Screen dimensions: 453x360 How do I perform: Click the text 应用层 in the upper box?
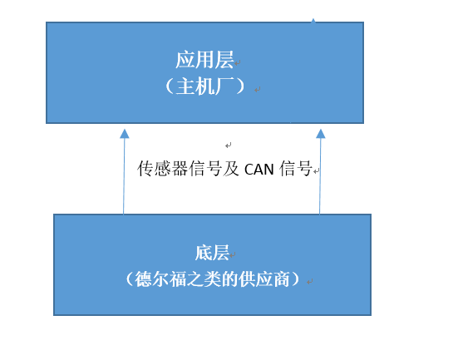204,60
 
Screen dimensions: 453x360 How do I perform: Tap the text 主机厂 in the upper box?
204,86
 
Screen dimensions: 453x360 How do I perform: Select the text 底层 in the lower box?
212,253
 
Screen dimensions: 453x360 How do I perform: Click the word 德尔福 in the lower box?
160,279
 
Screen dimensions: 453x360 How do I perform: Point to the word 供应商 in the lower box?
264,279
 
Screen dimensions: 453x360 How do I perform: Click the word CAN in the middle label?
259,170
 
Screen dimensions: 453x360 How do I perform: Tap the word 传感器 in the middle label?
163,169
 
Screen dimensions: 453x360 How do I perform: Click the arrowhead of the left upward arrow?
125,134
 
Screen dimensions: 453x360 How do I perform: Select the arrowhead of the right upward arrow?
321,134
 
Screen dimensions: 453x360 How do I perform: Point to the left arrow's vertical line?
124,176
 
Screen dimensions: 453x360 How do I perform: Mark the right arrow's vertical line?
320,176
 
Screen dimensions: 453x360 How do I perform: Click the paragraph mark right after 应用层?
238,62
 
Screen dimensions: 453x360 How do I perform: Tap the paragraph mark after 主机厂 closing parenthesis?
258,90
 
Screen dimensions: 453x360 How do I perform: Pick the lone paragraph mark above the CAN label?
229,145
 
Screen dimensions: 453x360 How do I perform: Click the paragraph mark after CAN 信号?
317,171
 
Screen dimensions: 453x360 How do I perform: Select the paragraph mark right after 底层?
233,254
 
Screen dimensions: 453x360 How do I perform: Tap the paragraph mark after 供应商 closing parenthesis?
310,281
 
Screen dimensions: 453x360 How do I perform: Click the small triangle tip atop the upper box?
313,20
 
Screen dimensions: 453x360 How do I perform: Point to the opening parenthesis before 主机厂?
170,86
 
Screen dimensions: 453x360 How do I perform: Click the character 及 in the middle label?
231,169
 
